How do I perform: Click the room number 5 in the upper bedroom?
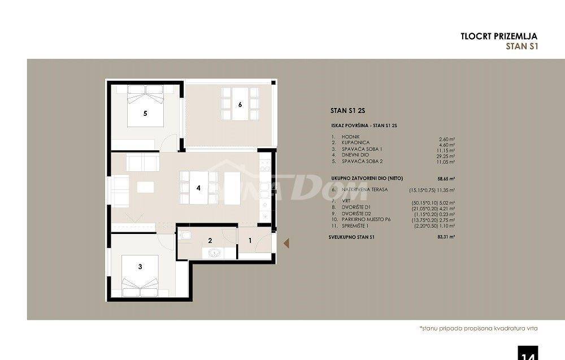tap(145, 114)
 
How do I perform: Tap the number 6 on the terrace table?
tap(240, 105)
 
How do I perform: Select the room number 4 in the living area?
tap(198, 188)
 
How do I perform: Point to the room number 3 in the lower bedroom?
tap(140, 267)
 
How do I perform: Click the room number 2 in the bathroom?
tap(210, 241)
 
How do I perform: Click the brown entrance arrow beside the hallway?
tap(286, 243)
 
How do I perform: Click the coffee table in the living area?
tap(146, 186)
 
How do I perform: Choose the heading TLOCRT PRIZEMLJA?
tap(499, 36)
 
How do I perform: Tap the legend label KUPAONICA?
tap(355, 143)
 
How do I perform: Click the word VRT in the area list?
tap(345, 201)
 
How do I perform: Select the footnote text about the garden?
tap(478, 328)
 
